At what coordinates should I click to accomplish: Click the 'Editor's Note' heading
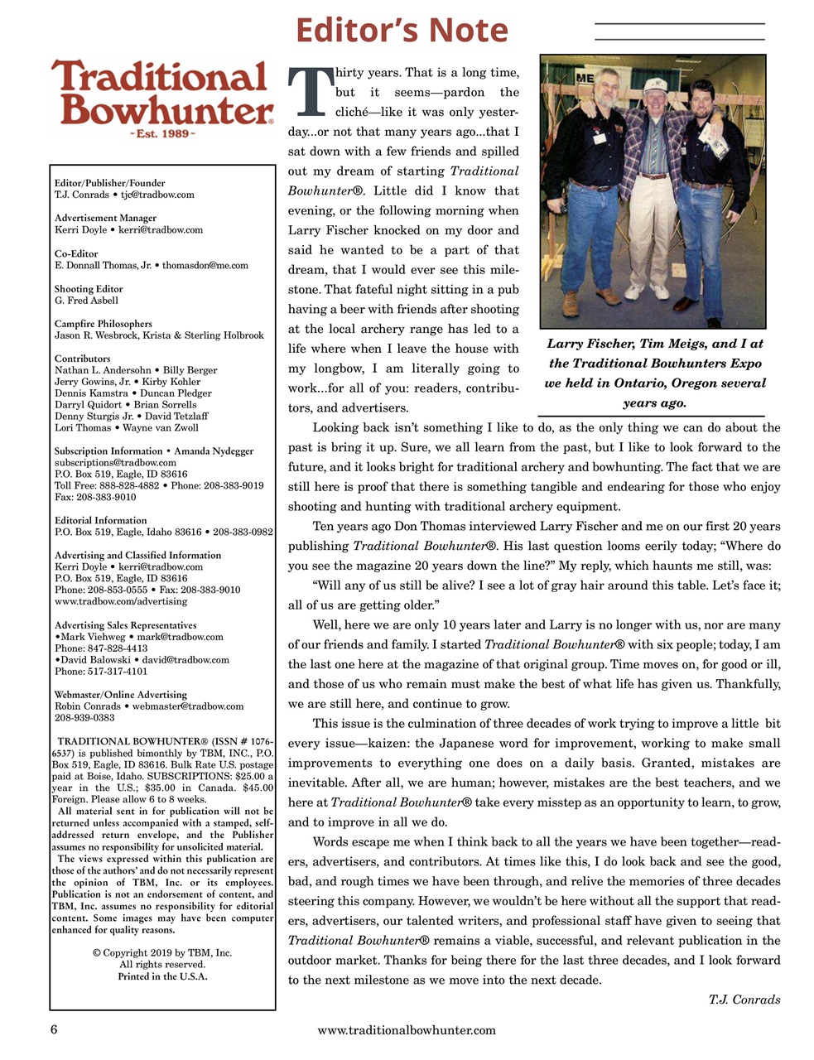pos(402,31)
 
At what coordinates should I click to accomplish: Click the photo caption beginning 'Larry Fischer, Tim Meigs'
pos(654,373)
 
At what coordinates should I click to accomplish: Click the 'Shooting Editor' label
pos(89,289)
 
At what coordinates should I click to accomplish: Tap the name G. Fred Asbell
pos(86,301)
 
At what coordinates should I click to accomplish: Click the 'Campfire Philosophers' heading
pos(104,324)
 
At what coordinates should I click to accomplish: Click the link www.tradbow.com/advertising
pos(121,601)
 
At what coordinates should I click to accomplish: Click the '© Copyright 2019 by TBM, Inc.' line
pos(162,953)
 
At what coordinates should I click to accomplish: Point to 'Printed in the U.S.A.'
pos(162,976)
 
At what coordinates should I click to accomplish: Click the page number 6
pos(54,1030)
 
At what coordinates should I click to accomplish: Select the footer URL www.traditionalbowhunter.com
pos(407,1030)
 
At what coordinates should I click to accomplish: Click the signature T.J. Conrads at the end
pos(744,1000)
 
